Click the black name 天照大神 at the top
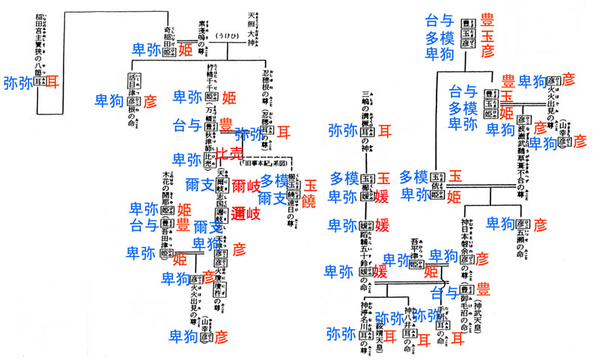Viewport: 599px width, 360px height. (252, 22)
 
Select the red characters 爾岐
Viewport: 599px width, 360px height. (245, 186)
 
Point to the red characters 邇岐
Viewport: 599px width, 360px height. (246, 213)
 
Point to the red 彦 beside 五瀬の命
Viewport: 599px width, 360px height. (541, 223)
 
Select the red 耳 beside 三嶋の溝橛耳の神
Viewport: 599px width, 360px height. (384, 130)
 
